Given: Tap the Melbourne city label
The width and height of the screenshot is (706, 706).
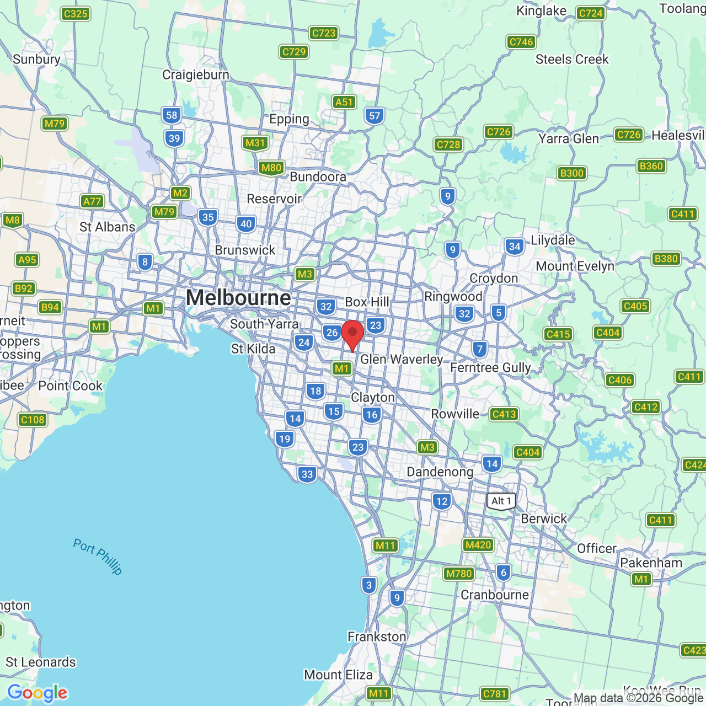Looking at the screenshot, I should point(238,298).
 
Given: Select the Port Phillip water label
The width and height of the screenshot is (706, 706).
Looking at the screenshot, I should point(98,557).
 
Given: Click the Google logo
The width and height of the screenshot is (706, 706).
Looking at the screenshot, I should point(38,693).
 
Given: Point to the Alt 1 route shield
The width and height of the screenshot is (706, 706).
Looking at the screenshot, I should point(501,501).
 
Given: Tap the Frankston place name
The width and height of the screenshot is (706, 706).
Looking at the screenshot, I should point(377,637).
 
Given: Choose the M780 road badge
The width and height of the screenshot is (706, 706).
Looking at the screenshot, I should point(459,574).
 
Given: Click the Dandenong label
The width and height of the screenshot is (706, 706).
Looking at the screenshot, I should point(440,472).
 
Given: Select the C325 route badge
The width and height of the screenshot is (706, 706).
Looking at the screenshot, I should point(76,14).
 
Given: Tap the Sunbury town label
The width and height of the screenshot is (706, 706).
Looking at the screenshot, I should point(36,60).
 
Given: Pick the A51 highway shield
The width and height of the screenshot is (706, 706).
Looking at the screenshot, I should point(344,102).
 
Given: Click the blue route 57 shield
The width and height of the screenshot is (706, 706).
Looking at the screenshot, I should point(375,116).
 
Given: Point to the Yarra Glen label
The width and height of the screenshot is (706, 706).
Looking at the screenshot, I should point(569,138).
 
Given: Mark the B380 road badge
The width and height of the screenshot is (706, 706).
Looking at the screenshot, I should point(666,259).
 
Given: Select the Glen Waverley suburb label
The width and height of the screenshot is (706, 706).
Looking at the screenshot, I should point(402,360).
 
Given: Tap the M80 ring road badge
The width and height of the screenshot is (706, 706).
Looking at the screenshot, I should point(271,168).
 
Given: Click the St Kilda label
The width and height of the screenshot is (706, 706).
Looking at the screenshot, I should point(253,349).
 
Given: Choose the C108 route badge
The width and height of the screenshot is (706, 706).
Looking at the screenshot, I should point(33,420).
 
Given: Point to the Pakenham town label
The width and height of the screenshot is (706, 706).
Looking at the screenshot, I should point(651,563).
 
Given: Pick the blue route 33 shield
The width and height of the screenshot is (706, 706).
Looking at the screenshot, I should point(307,474).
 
